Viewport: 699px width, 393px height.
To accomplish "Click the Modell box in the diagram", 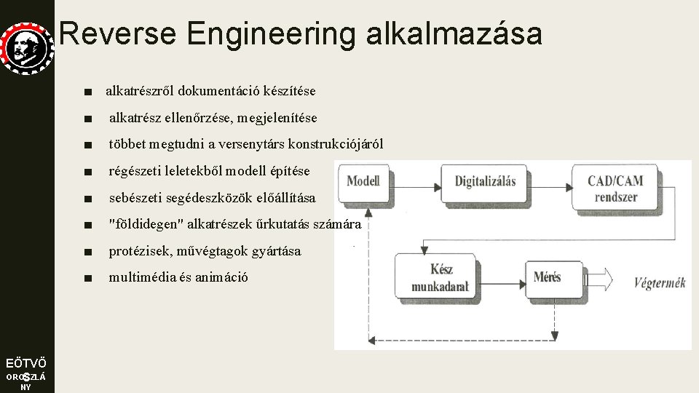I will (364, 180).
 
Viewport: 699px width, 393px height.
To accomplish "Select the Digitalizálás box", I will (485, 180).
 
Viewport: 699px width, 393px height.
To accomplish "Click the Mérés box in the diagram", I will (548, 277).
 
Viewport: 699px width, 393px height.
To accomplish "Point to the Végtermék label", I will (660, 282).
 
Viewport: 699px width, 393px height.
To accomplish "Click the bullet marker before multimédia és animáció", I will (88, 278).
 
